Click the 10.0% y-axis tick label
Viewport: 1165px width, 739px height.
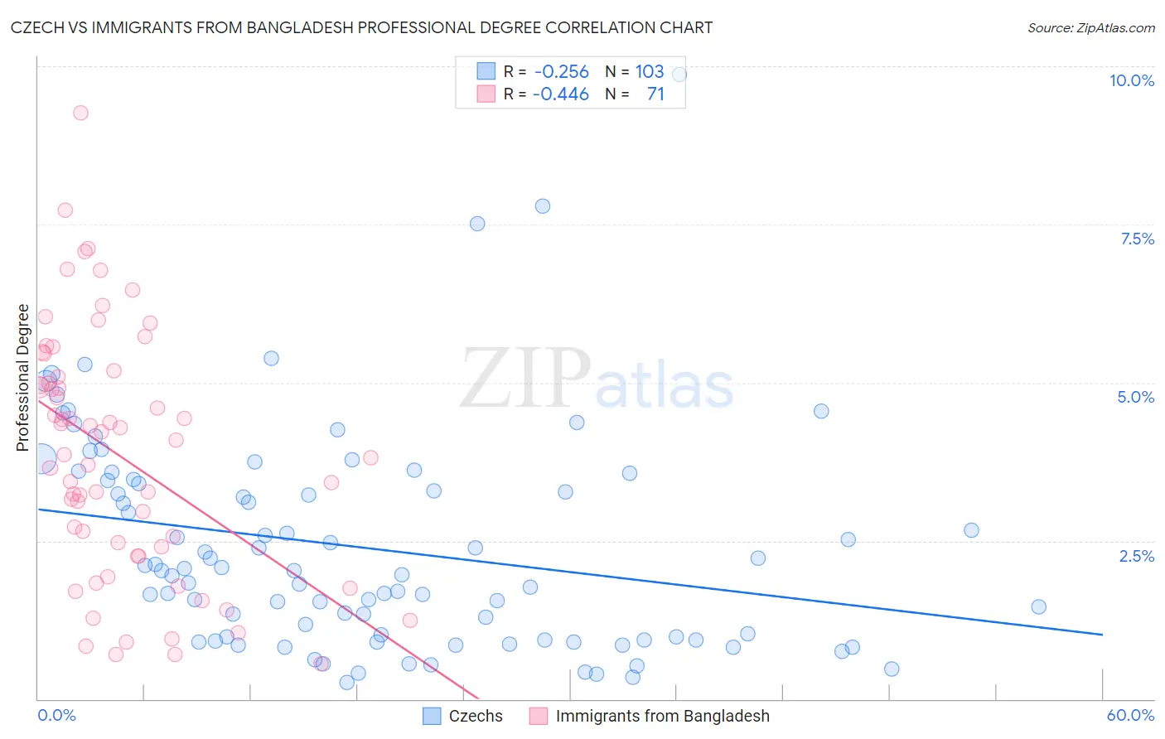pos(1131,80)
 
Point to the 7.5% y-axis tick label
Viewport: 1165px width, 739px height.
pos(1137,239)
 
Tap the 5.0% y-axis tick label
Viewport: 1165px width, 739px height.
pos(1135,397)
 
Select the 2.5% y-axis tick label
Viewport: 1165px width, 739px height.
pos(1136,556)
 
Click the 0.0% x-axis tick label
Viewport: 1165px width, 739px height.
pos(56,715)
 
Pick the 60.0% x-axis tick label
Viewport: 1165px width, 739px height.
pos(1129,715)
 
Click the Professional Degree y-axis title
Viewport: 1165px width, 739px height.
pos(22,378)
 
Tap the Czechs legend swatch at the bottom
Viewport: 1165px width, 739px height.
pos(432,716)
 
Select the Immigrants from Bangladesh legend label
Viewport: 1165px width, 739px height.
pos(662,716)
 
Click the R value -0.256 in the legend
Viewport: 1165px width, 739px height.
pos(561,72)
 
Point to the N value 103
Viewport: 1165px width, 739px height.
pos(650,72)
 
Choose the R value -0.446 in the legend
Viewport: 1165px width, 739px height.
pos(560,94)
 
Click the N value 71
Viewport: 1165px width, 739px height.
pos(655,94)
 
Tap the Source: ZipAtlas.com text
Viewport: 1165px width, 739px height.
pos(1090,28)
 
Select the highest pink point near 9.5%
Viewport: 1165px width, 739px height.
pos(80,113)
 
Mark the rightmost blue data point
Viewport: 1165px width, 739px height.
pos(1038,606)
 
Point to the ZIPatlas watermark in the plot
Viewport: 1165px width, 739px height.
pos(597,380)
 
